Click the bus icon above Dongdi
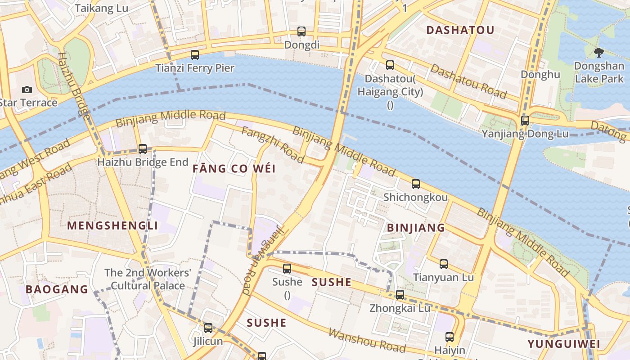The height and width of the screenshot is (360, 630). (x=301, y=31)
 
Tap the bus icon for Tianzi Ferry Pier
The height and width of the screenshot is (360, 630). (x=195, y=55)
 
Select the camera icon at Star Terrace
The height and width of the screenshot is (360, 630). (x=27, y=90)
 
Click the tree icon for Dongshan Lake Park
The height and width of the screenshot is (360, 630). (x=598, y=53)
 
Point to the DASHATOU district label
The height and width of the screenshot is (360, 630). (x=460, y=30)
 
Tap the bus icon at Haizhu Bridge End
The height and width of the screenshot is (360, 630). (x=143, y=148)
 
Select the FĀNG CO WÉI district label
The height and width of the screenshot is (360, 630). (x=234, y=169)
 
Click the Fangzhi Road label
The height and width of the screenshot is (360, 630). (x=273, y=144)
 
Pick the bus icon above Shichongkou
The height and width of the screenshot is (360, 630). (x=416, y=184)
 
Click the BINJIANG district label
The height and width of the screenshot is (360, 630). (x=416, y=228)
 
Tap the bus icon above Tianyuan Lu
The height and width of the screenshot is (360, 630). (x=444, y=264)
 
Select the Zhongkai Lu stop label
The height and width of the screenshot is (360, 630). (x=400, y=308)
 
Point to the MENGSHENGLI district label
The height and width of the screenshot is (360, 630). (x=112, y=225)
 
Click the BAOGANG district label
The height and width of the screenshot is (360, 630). (x=57, y=289)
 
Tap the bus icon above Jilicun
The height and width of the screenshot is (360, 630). (x=208, y=328)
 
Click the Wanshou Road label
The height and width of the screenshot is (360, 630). (x=367, y=340)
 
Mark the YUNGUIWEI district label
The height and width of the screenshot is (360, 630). (x=564, y=344)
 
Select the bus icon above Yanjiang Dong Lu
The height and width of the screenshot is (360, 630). (x=525, y=121)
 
